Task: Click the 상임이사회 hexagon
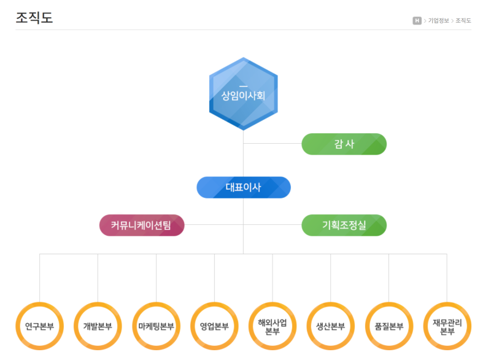click(x=243, y=93)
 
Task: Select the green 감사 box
click(x=344, y=144)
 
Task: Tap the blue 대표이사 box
click(x=243, y=187)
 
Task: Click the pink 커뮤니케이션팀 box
click(x=142, y=225)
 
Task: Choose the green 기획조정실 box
click(x=344, y=225)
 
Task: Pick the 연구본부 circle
click(x=40, y=326)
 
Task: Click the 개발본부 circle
click(x=98, y=326)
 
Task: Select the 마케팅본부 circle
click(x=156, y=326)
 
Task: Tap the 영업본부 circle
click(x=214, y=326)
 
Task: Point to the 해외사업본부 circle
click(x=273, y=326)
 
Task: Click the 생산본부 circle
click(x=330, y=326)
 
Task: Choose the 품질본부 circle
click(x=389, y=326)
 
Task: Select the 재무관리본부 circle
click(x=447, y=326)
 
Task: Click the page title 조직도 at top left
click(x=34, y=18)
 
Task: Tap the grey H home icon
click(x=417, y=20)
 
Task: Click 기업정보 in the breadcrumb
click(x=438, y=20)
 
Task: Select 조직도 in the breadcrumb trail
click(x=463, y=20)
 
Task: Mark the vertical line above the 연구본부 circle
click(x=40, y=276)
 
